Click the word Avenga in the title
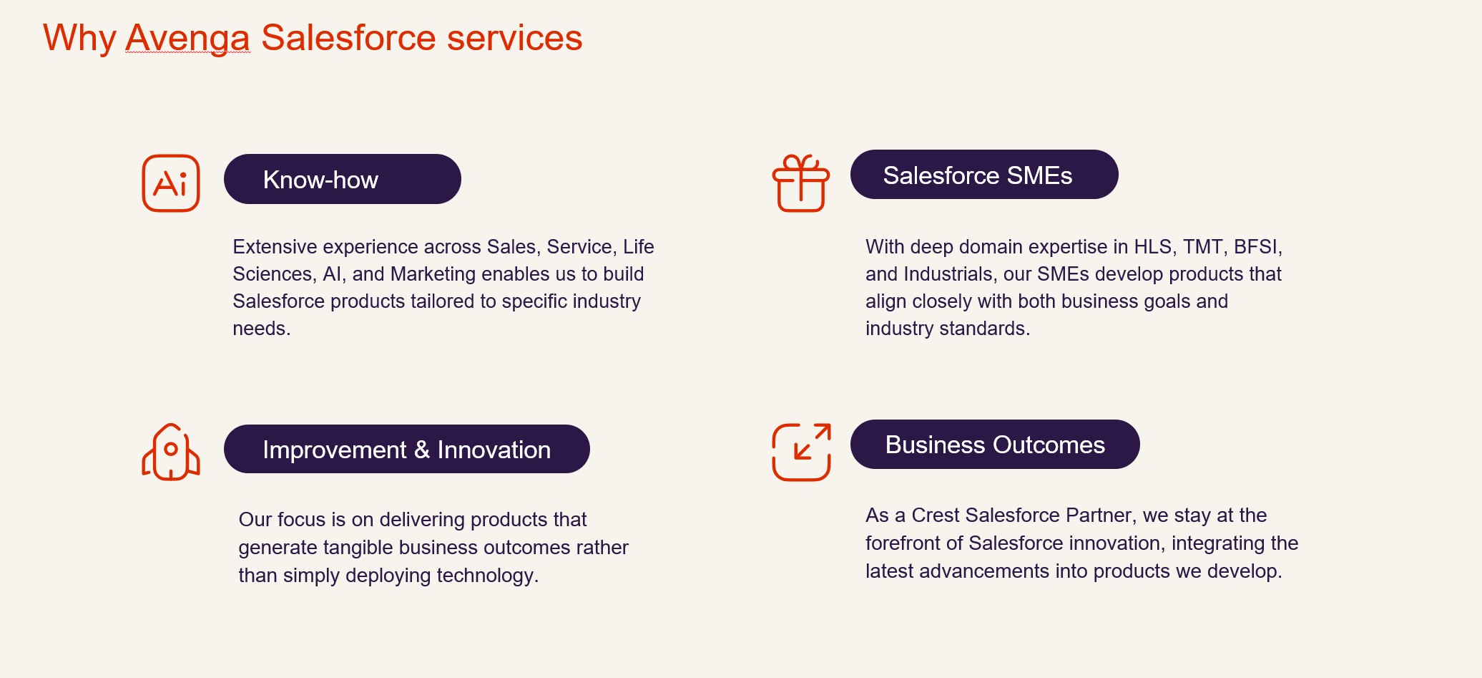(187, 38)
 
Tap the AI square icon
(171, 183)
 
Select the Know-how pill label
(343, 179)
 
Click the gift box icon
(801, 183)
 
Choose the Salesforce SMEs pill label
(984, 175)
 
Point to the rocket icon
(171, 452)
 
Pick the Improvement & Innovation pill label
(407, 449)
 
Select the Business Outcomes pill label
(995, 445)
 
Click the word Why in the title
(79, 38)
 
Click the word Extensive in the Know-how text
(275, 247)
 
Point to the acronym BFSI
(1258, 247)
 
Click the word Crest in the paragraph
(936, 515)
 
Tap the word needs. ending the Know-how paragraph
(262, 329)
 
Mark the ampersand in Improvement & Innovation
(422, 450)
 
